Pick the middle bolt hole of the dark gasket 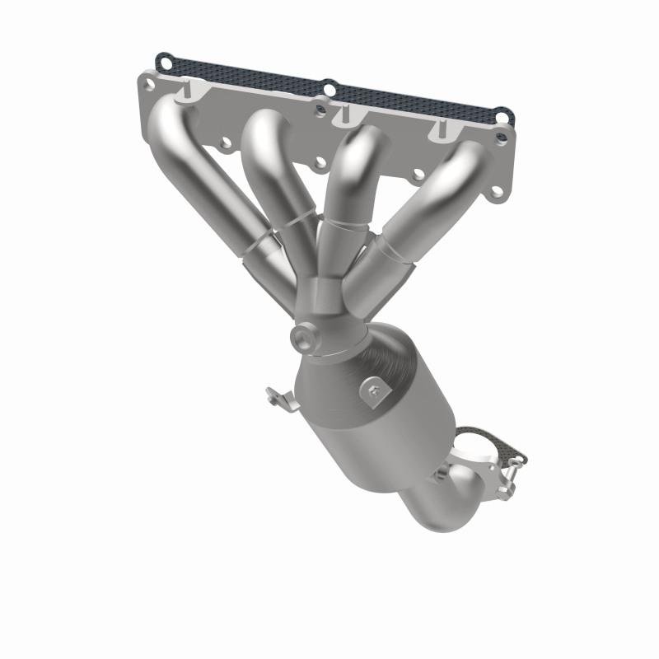coord(329,86)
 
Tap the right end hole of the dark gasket coord(502,115)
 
